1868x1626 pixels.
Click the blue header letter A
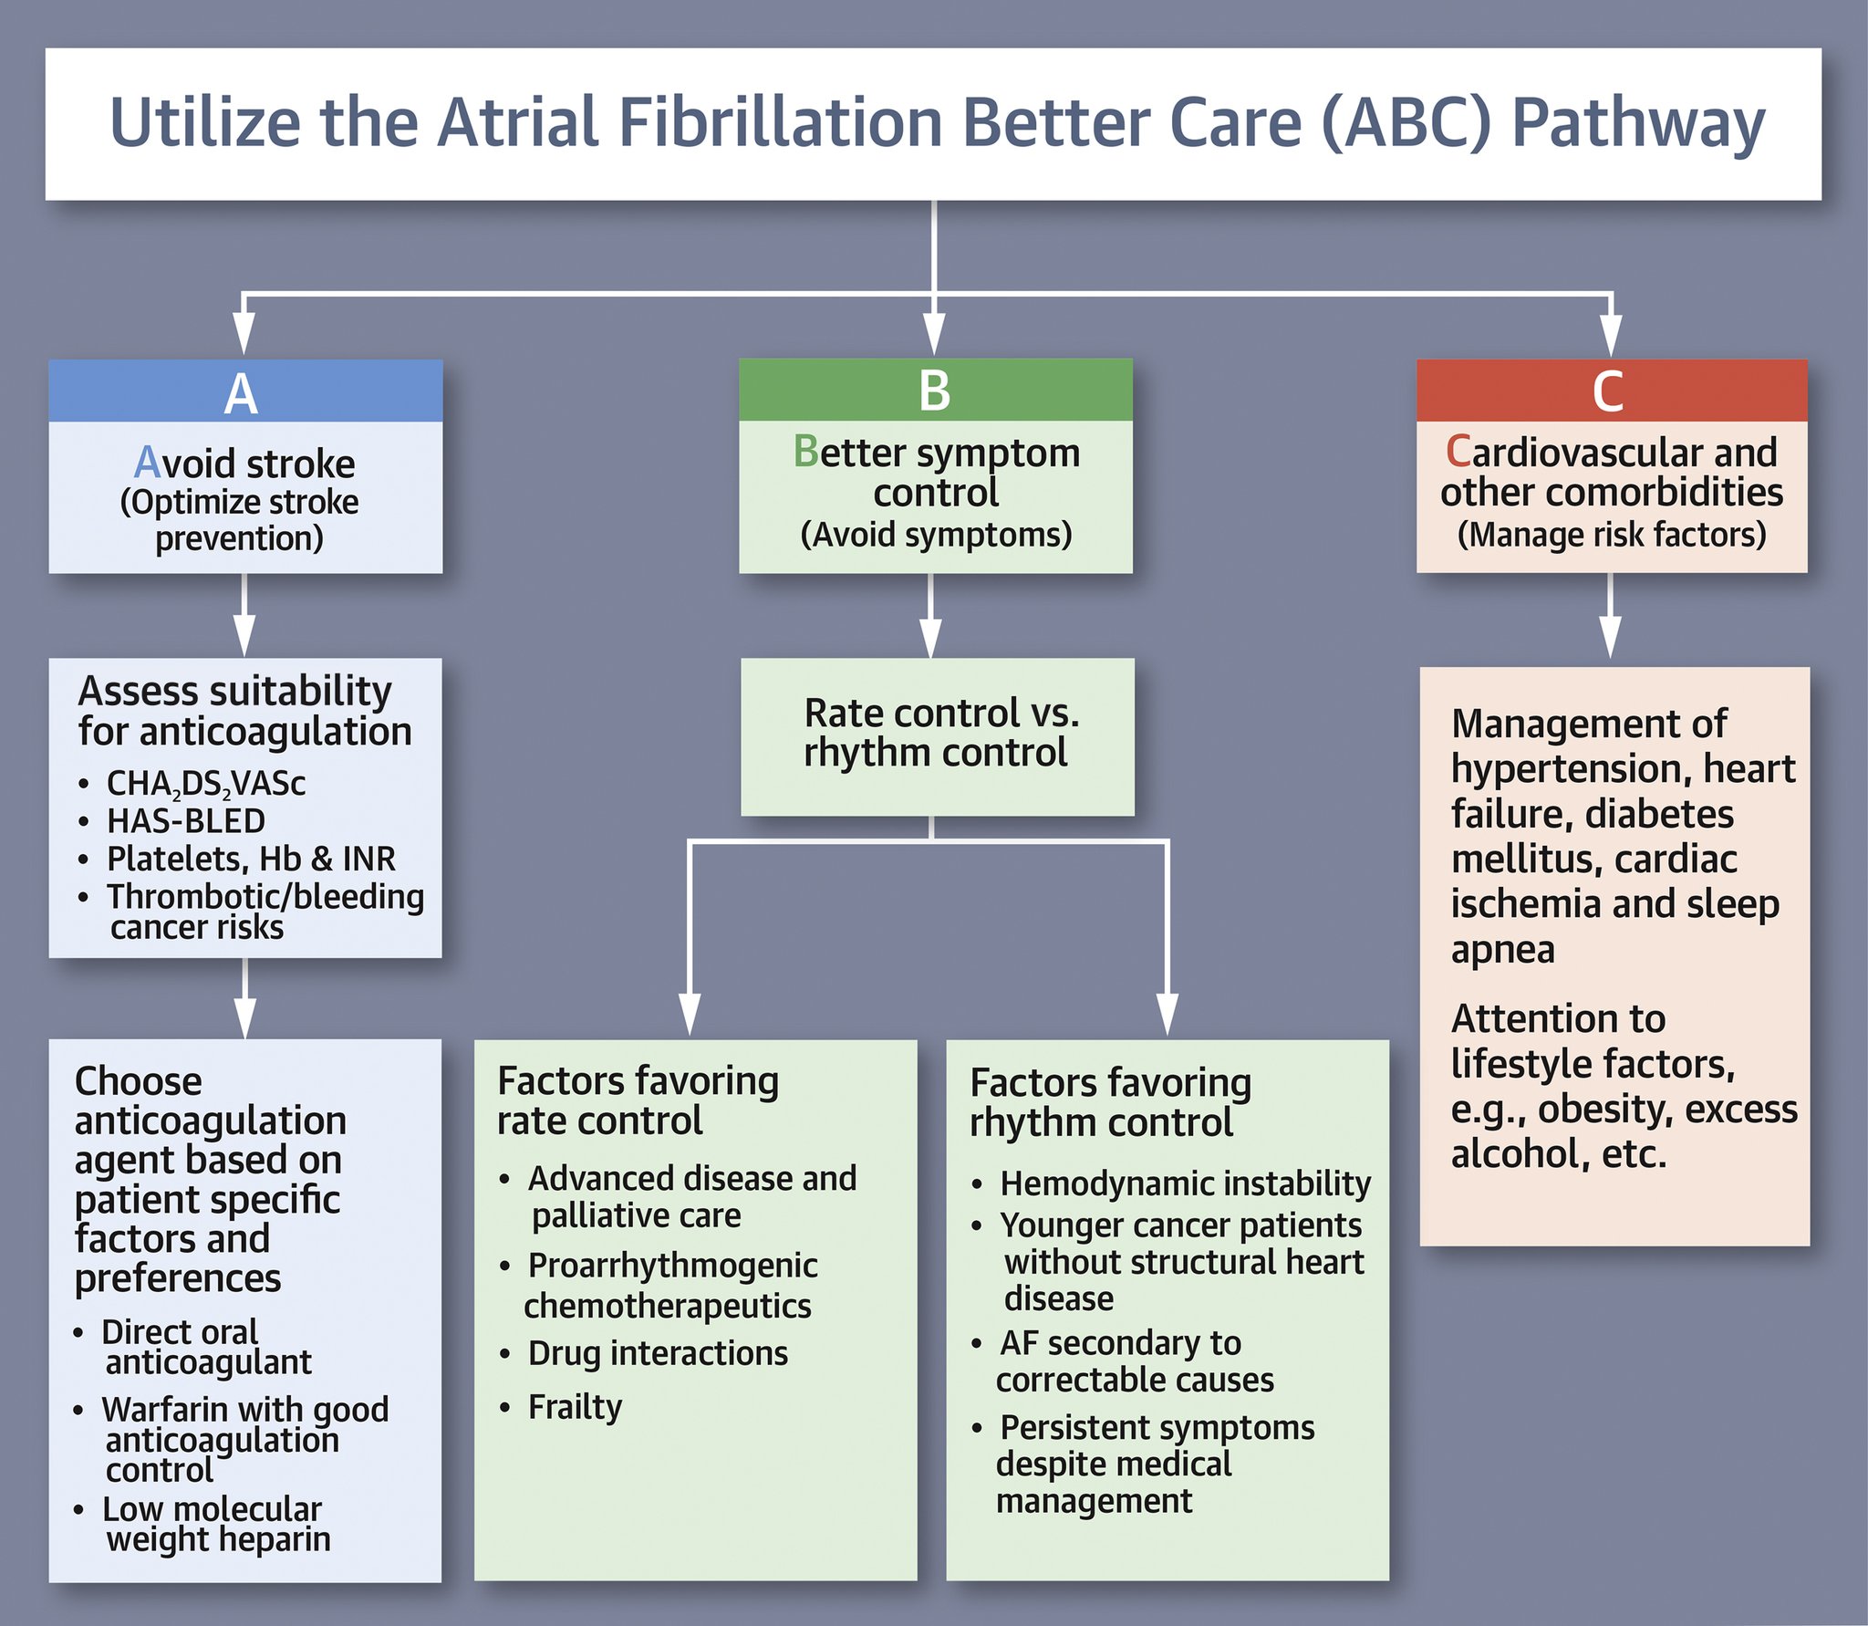tap(241, 394)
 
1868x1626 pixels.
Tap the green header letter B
tap(934, 391)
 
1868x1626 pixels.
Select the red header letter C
tap(1608, 391)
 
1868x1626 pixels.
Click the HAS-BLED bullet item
tap(185, 821)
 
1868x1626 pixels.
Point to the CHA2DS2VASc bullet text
tap(205, 784)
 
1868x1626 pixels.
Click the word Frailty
tap(575, 1407)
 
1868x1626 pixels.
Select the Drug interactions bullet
tap(657, 1353)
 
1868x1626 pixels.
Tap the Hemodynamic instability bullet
tap(1184, 1183)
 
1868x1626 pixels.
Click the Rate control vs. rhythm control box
tap(938, 735)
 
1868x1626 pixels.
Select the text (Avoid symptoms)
tap(936, 535)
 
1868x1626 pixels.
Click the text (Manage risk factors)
tap(1611, 535)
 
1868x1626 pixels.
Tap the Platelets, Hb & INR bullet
tap(251, 859)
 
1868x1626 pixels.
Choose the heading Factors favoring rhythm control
tap(1109, 1102)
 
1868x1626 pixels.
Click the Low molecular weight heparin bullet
tap(215, 1524)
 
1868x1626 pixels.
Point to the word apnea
tap(1502, 950)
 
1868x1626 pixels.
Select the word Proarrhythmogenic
tap(672, 1266)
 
